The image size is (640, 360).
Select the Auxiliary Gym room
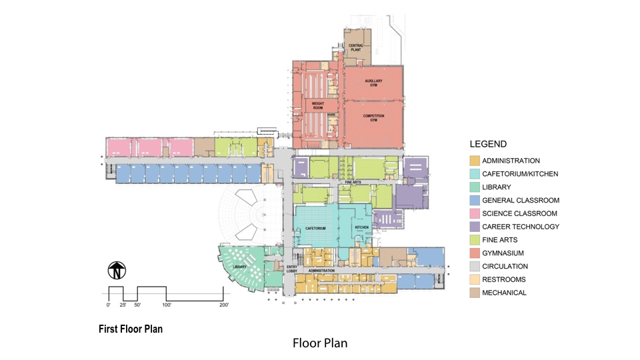(373, 83)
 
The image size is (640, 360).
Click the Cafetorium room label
(315, 228)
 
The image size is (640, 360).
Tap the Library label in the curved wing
(239, 267)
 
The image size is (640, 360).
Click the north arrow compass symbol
(117, 271)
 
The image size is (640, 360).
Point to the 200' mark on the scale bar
(223, 305)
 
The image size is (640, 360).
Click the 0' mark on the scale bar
(109, 305)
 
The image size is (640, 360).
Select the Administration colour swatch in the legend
(474, 161)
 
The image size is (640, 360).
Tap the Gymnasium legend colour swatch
(474, 253)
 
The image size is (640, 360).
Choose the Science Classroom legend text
(520, 214)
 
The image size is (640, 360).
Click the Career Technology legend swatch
(474, 227)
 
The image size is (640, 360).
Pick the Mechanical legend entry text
(504, 293)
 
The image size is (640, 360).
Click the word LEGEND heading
(488, 144)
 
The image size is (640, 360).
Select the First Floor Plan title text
(131, 329)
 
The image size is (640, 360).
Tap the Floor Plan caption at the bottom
(320, 343)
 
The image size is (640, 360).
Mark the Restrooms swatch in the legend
(474, 279)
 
